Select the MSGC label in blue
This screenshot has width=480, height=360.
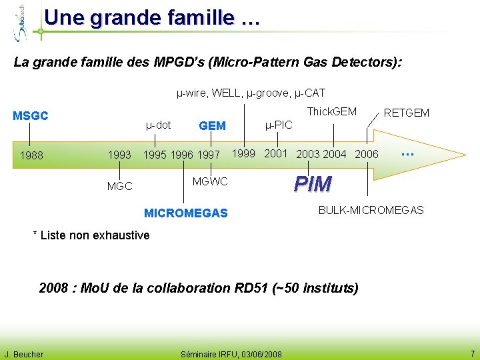[31, 116]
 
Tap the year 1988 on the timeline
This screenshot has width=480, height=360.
[32, 156]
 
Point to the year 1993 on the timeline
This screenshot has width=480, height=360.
[119, 155]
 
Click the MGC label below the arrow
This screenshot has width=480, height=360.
[120, 186]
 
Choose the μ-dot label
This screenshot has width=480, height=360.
[158, 125]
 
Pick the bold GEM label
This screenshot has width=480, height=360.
[212, 125]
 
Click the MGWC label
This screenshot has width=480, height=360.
[210, 181]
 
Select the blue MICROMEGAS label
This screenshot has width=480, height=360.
[186, 213]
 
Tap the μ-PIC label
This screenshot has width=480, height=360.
[279, 124]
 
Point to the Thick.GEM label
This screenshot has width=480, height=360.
[331, 111]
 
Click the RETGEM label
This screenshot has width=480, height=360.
[407, 113]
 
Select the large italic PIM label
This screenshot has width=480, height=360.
[313, 183]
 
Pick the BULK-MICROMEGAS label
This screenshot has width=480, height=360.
[371, 210]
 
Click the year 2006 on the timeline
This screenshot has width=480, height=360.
[367, 155]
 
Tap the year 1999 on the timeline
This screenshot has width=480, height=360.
[243, 153]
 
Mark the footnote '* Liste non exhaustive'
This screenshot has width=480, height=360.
[91, 235]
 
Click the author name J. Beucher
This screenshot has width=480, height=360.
[24, 354]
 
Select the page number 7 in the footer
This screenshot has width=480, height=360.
[472, 353]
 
